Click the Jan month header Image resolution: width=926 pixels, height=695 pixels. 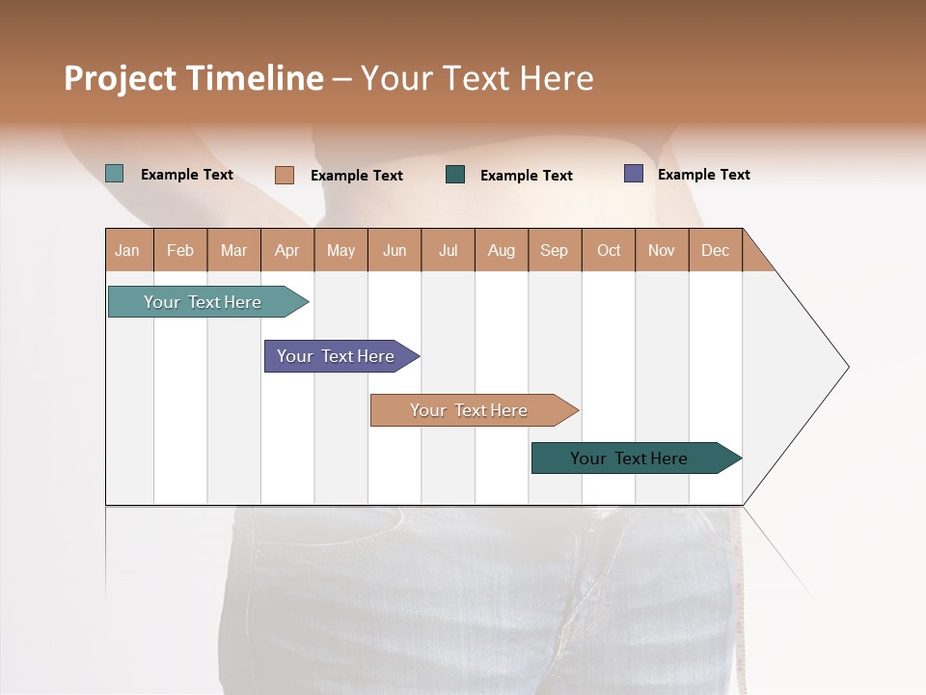coord(127,250)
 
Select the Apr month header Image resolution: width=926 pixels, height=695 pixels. coord(286,250)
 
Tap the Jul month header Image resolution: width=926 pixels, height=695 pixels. coord(448,250)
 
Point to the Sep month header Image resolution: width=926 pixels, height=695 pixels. coord(554,250)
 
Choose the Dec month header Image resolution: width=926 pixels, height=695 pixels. coord(715,250)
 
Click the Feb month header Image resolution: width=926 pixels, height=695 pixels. coord(180,250)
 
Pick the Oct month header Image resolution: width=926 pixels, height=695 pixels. coord(609,250)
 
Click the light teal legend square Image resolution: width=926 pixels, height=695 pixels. coord(115,174)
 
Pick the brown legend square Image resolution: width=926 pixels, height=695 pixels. coord(284,175)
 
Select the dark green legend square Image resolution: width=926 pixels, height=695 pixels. coord(455,174)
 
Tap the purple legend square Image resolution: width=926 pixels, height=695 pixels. coord(634,174)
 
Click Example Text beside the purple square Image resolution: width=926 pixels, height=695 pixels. coord(703,175)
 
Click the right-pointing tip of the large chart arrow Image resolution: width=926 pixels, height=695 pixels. coord(846,367)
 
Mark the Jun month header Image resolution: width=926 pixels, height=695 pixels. coord(395,250)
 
